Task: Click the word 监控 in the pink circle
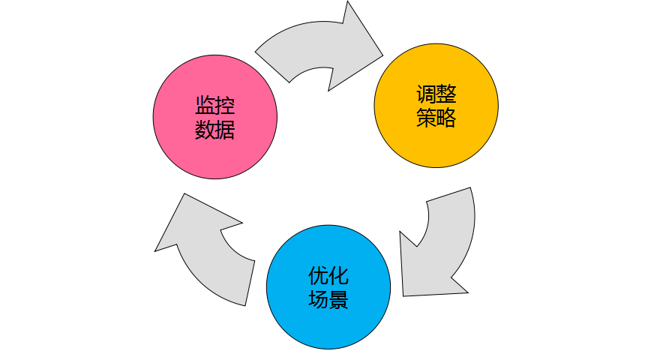click(215, 106)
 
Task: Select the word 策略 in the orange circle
click(436, 118)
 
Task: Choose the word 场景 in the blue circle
click(328, 300)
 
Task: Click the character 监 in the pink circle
click(205, 106)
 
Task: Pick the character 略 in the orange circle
click(446, 118)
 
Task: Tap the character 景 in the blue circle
click(339, 300)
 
